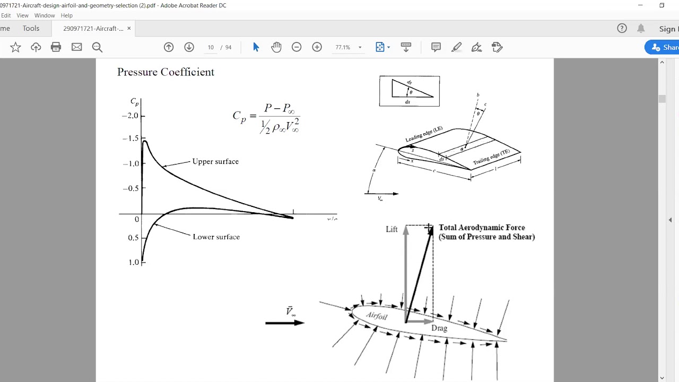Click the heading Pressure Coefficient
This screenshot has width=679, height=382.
pyautogui.click(x=166, y=72)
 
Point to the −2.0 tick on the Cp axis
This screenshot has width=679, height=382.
pyautogui.click(x=130, y=116)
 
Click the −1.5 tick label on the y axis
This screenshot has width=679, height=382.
pyautogui.click(x=130, y=138)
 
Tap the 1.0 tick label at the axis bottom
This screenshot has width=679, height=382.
pyautogui.click(x=133, y=262)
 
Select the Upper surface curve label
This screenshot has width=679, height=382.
pyautogui.click(x=215, y=161)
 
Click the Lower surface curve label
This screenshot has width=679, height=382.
pyautogui.click(x=216, y=237)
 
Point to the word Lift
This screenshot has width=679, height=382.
pyautogui.click(x=391, y=229)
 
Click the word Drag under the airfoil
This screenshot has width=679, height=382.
pyautogui.click(x=439, y=328)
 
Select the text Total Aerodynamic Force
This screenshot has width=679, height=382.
pyautogui.click(x=482, y=228)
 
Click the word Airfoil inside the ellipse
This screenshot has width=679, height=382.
pyautogui.click(x=377, y=316)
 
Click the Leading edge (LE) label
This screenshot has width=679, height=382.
pyautogui.click(x=424, y=134)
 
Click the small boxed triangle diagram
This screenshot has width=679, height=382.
pyautogui.click(x=409, y=91)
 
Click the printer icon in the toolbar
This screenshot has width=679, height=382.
pyautogui.click(x=56, y=47)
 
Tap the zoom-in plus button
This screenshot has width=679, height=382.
pyautogui.click(x=317, y=47)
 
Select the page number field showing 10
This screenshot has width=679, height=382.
pyautogui.click(x=211, y=47)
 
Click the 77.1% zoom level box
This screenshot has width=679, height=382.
pyautogui.click(x=343, y=47)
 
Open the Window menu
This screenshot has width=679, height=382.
pyautogui.click(x=45, y=15)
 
